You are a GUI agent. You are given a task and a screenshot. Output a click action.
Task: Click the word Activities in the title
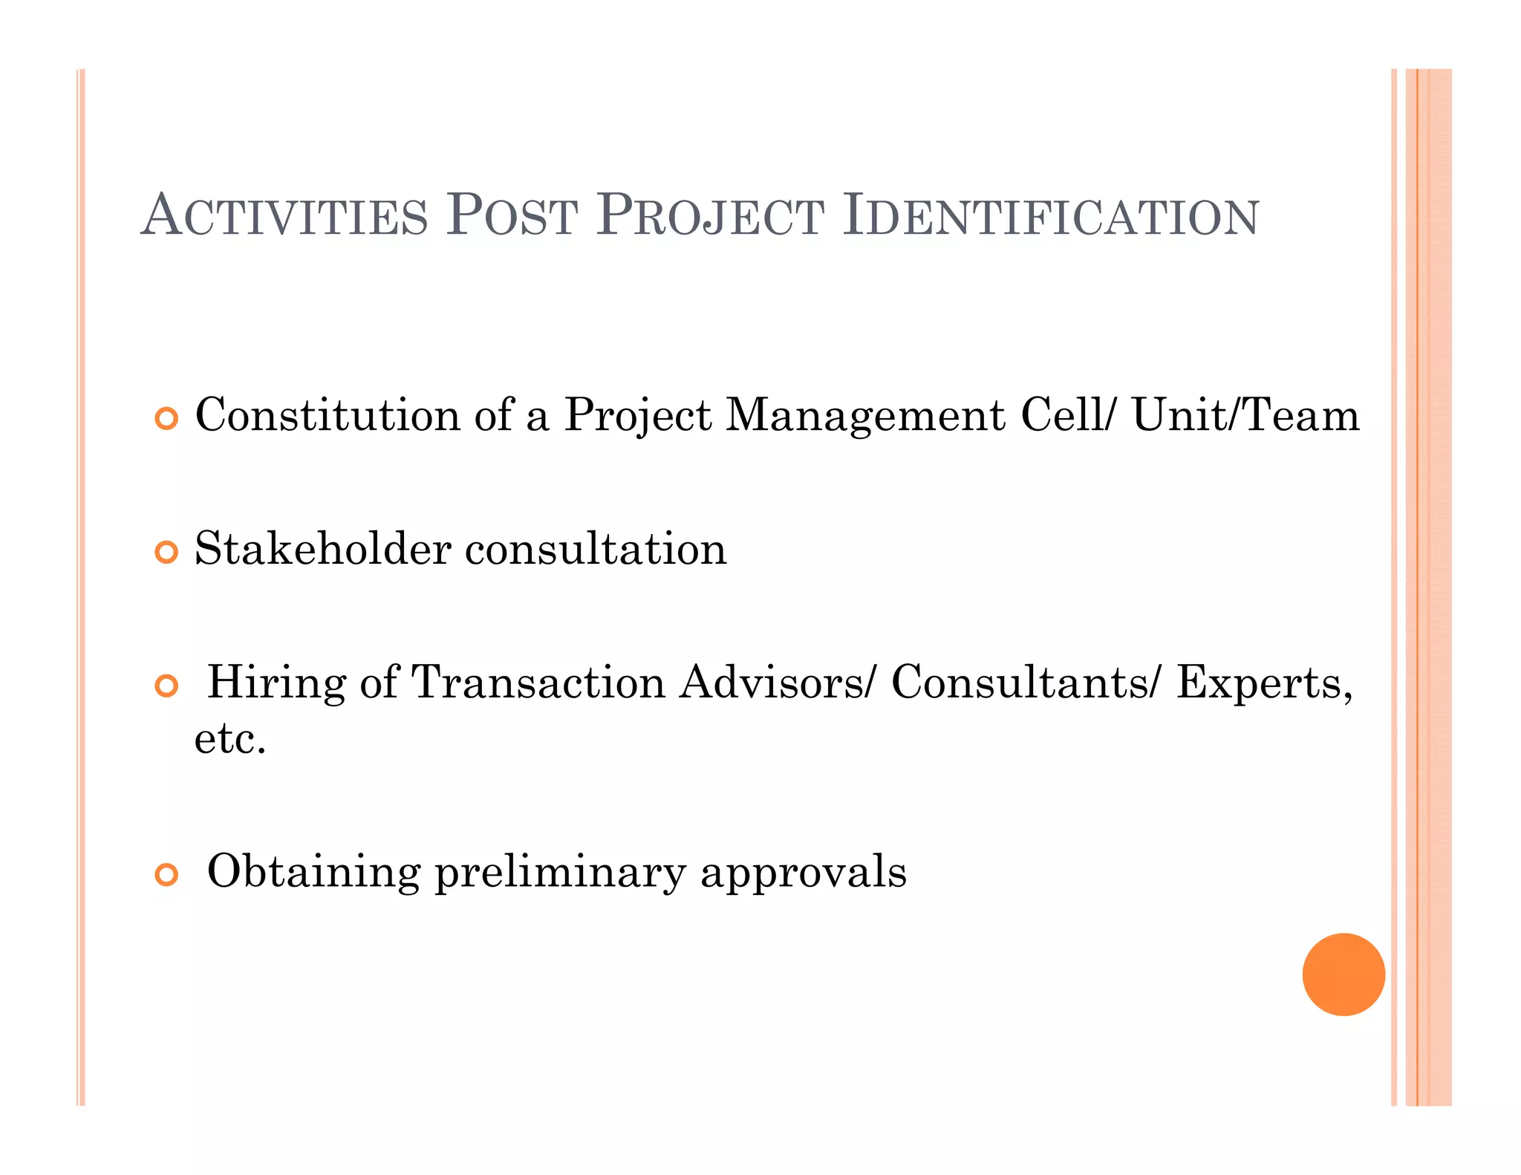(x=284, y=216)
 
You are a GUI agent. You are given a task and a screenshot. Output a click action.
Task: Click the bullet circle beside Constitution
(x=167, y=418)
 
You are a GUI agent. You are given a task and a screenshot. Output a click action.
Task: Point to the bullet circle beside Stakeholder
(x=167, y=552)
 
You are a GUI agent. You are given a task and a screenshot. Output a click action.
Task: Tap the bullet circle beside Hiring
(x=167, y=686)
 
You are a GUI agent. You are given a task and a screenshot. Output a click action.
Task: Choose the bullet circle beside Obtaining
(x=167, y=874)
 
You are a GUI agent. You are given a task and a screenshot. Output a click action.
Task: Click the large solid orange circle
(x=1343, y=974)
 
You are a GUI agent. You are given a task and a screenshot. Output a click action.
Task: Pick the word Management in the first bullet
(x=864, y=416)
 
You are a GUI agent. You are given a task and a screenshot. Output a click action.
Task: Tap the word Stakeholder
(x=323, y=549)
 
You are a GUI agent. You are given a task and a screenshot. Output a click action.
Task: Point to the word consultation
(x=596, y=550)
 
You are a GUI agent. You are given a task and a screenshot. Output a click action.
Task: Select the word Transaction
(x=538, y=683)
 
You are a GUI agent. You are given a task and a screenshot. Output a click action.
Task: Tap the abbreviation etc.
(x=229, y=740)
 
